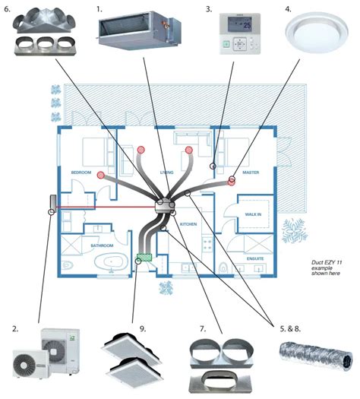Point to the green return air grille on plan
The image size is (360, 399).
[144, 258]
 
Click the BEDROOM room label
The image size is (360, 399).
[81, 173]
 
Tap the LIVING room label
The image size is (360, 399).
[167, 173]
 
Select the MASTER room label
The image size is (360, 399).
[251, 173]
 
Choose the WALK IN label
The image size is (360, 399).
[253, 215]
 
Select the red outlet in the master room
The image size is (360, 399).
[232, 180]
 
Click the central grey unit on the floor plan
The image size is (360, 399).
[163, 206]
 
